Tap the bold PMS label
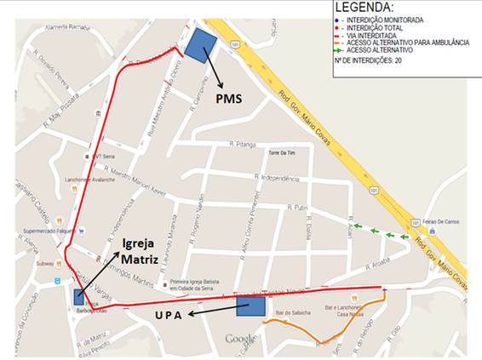pyautogui.click(x=227, y=99)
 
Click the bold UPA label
pyautogui.click(x=171, y=314)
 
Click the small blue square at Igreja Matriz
pyautogui.click(x=78, y=297)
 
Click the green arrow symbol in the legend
pyautogui.click(x=341, y=50)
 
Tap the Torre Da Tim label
pyautogui.click(x=280, y=154)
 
